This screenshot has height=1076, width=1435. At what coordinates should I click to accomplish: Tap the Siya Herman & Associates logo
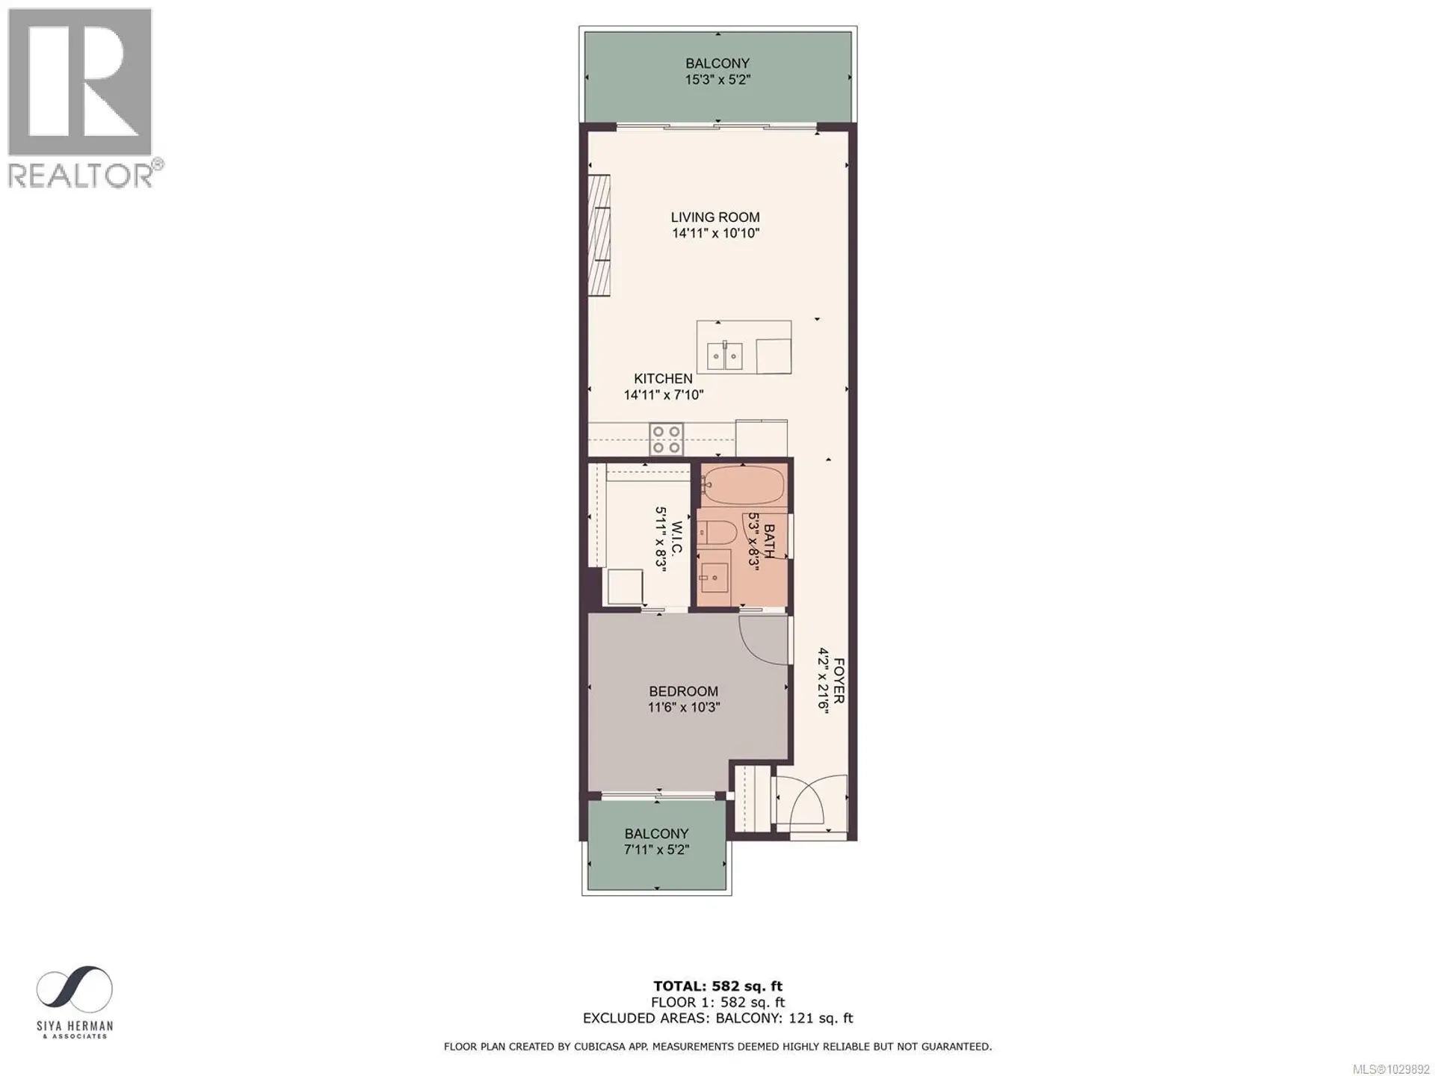click(x=75, y=1001)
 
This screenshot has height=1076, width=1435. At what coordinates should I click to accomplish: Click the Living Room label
click(x=715, y=217)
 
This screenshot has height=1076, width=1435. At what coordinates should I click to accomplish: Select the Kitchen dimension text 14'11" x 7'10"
click(x=664, y=395)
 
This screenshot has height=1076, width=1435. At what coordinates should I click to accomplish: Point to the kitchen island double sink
click(x=724, y=356)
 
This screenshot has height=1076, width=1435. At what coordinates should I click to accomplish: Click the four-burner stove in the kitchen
click(x=666, y=439)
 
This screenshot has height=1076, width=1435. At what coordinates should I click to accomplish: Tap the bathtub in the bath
click(x=744, y=486)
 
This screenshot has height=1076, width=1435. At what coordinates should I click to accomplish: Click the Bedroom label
click(x=683, y=692)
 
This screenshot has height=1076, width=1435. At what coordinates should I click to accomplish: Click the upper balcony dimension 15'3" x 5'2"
click(x=717, y=79)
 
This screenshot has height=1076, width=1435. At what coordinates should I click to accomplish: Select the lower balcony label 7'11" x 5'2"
click(x=656, y=850)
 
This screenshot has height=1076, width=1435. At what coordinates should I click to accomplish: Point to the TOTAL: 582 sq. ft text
click(x=717, y=986)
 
